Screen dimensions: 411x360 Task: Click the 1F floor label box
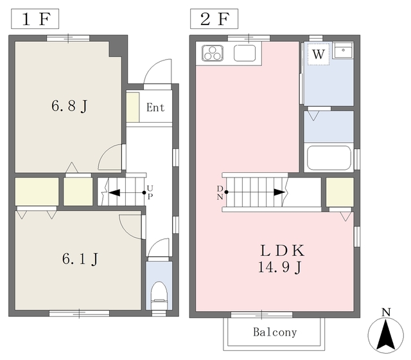pos(35,19)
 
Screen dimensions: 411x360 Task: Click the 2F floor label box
pos(214,19)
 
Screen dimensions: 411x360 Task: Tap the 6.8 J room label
pos(69,106)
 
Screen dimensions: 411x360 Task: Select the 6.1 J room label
pos(80,259)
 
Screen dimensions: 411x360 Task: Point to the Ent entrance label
pos(155,107)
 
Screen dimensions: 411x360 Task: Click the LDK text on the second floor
pos(283,250)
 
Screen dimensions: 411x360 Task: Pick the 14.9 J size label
pos(280,267)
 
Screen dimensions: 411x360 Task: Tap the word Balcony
pos(275,332)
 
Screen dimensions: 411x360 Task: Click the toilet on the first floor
pos(159,295)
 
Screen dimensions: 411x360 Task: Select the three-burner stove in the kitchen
pos(213,53)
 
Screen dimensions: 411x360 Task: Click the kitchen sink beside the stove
pos(245,53)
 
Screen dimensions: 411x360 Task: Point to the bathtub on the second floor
pos(329,158)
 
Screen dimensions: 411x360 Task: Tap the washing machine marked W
pos(319,54)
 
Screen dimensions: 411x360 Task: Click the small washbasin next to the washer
pos(343,50)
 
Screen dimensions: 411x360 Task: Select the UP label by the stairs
pos(150,192)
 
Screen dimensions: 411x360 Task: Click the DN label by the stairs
pos(220,192)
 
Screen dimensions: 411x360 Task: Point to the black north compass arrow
pos(385,335)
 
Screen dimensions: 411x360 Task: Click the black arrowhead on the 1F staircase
pos(114,193)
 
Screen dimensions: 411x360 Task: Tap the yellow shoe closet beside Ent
pos(133,107)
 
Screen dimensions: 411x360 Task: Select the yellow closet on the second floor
pos(340,192)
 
